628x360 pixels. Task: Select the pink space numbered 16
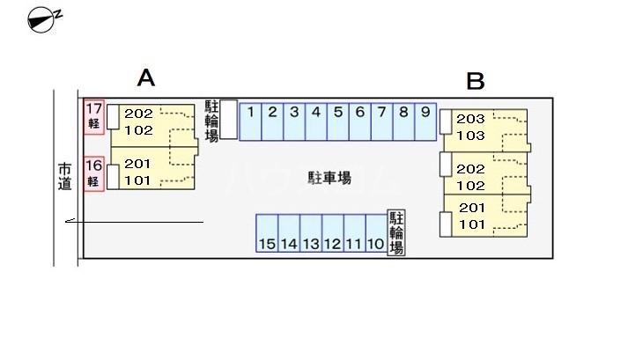[94, 173]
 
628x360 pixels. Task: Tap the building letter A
[146, 78]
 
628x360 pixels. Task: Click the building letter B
[476, 82]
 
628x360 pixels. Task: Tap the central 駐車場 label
[329, 178]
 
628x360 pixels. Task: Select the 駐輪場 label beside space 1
[211, 120]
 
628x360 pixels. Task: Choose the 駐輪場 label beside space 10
[396, 232]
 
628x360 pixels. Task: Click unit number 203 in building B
[471, 120]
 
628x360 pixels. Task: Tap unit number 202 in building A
[139, 114]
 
